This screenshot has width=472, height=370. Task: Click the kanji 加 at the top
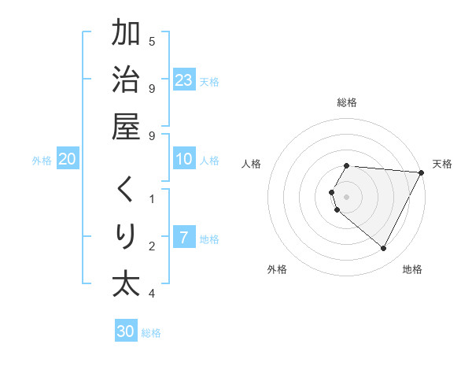pyautogui.click(x=126, y=35)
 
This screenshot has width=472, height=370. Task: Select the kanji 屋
pyautogui.click(x=126, y=128)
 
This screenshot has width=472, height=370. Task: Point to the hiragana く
pyautogui.click(x=126, y=190)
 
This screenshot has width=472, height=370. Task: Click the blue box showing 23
pyautogui.click(x=184, y=80)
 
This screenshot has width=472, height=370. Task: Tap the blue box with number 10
pyautogui.click(x=184, y=159)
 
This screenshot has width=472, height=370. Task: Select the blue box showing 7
pyautogui.click(x=184, y=238)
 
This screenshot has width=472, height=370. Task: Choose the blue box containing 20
pyautogui.click(x=68, y=159)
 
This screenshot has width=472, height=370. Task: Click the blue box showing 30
pyautogui.click(x=126, y=331)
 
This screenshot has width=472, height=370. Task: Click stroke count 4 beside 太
pyautogui.click(x=152, y=294)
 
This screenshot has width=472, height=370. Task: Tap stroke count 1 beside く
pyautogui.click(x=152, y=199)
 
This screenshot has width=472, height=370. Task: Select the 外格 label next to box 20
pyautogui.click(x=42, y=160)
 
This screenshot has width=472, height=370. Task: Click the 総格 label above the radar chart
pyautogui.click(x=347, y=102)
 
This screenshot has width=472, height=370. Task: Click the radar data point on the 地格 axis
pyautogui.click(x=384, y=249)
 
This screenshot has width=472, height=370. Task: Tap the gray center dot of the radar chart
pyautogui.click(x=347, y=196)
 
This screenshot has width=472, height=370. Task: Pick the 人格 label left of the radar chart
pyautogui.click(x=252, y=164)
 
